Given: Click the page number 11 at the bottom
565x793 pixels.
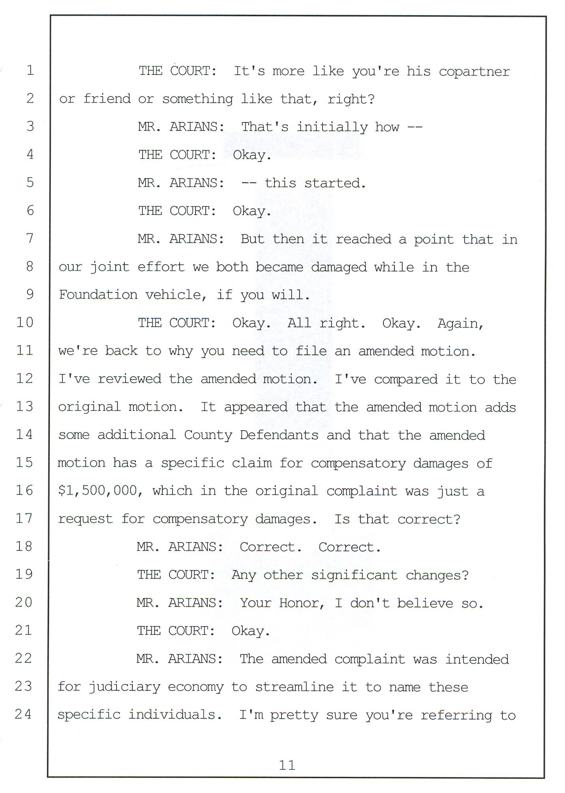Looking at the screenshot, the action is pyautogui.click(x=287, y=765).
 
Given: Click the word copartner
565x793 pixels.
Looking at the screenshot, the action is pyautogui.click(x=474, y=72).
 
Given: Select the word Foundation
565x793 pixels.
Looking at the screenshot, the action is pyautogui.click(x=98, y=295).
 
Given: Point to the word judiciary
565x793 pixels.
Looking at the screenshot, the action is pyautogui.click(x=124, y=688).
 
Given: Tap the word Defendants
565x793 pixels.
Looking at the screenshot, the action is pyautogui.click(x=279, y=435).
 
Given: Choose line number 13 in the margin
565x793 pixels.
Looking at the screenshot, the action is pyautogui.click(x=24, y=406).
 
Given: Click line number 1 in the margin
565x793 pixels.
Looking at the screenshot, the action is pyautogui.click(x=30, y=70).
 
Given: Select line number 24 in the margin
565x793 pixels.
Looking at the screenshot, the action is pyautogui.click(x=23, y=714).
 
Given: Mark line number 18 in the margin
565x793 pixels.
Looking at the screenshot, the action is pyautogui.click(x=24, y=546).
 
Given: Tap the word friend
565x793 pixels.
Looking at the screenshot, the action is pyautogui.click(x=107, y=98).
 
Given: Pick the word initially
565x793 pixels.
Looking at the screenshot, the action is pyautogui.click(x=332, y=127).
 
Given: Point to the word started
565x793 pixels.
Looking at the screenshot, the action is pyautogui.click(x=335, y=183).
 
